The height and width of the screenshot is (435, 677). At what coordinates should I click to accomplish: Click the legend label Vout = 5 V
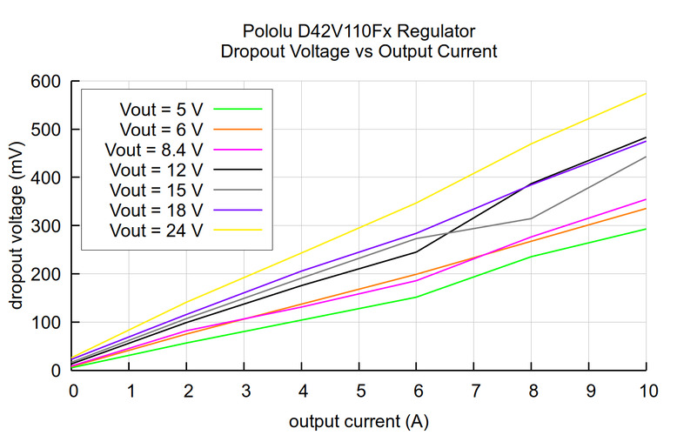[x=164, y=109]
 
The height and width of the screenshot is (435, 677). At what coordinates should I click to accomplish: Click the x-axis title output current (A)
[x=359, y=421]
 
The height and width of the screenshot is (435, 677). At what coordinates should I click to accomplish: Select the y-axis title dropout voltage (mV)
[x=17, y=226]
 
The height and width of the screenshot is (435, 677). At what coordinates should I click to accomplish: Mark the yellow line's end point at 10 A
[x=646, y=93]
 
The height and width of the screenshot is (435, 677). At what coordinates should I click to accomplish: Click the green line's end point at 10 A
[x=646, y=229]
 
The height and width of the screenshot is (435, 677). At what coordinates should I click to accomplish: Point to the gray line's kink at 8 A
[x=532, y=218]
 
